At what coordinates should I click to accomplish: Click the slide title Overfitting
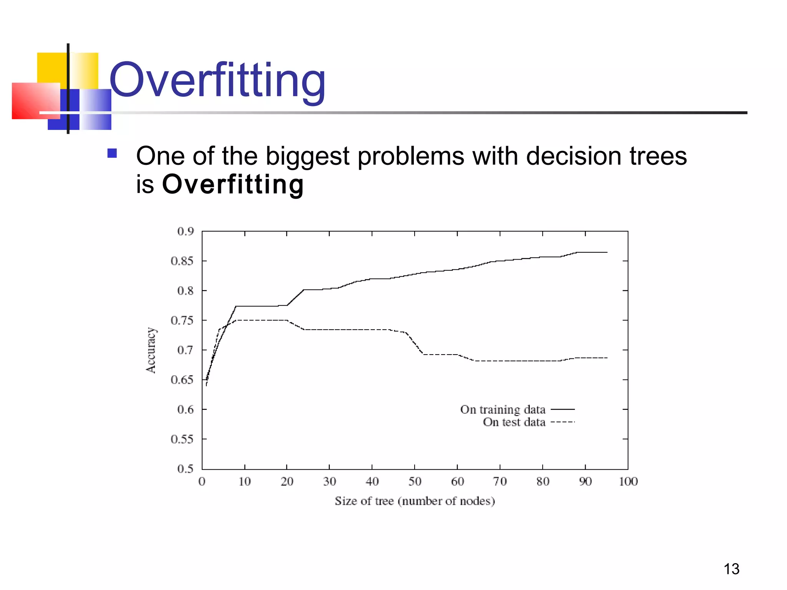point(218,81)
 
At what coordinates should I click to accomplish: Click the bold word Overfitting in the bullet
point(233,185)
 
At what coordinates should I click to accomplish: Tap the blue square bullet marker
point(112,153)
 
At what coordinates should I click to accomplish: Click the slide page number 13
point(731,569)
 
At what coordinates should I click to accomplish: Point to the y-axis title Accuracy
point(151,350)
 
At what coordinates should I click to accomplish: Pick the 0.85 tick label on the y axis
point(182,261)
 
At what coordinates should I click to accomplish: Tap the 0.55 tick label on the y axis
point(182,439)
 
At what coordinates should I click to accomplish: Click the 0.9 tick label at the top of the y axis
point(186,231)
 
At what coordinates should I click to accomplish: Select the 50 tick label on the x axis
point(415,482)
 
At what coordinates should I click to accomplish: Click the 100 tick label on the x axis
point(628,482)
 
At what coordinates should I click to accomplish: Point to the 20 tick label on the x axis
point(287,482)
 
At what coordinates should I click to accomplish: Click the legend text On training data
point(503,409)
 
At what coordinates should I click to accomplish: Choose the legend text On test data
point(514,422)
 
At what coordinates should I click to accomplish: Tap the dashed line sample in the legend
point(563,422)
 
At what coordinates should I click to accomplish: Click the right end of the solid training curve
point(606,252)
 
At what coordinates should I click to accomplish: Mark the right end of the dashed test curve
point(606,358)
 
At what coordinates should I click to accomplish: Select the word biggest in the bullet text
point(307,156)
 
